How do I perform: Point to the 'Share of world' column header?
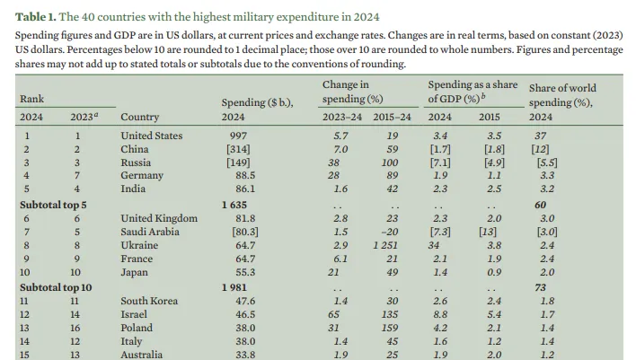tap(562, 88)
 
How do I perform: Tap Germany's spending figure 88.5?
tap(234, 176)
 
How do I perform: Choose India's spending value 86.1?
tap(234, 189)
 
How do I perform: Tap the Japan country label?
tap(136, 271)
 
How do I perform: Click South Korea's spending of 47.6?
tap(234, 300)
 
